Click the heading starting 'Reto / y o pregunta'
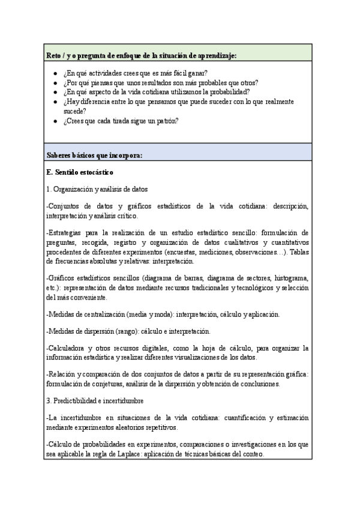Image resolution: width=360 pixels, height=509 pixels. pyautogui.click(x=141, y=55)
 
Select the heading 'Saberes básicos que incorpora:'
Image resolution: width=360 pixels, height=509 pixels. pyautogui.click(x=94, y=155)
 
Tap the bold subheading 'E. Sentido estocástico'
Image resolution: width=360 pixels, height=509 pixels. pyautogui.click(x=80, y=172)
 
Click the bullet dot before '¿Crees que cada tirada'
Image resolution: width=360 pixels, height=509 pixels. pyautogui.click(x=55, y=121)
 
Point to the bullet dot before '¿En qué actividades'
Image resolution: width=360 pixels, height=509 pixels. pyautogui.click(x=55, y=73)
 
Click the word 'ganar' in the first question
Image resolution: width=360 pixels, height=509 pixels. pyautogui.click(x=196, y=73)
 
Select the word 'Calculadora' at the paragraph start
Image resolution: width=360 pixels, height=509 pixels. pyautogui.click(x=68, y=348)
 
